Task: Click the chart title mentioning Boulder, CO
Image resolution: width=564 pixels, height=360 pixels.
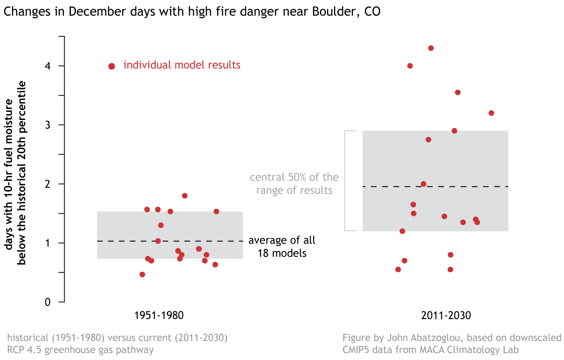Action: (x=192, y=12)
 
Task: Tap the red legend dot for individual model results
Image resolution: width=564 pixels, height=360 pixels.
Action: (x=111, y=66)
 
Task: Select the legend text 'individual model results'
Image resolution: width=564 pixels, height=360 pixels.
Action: (x=182, y=65)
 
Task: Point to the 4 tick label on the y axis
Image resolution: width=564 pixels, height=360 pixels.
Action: (x=48, y=66)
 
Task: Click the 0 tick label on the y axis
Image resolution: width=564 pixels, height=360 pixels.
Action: (x=48, y=302)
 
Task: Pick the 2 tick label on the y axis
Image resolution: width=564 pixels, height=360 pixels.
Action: (x=48, y=184)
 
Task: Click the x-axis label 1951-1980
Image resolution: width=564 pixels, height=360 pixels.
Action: (x=159, y=315)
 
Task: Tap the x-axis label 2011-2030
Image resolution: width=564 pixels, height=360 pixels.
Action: (x=445, y=315)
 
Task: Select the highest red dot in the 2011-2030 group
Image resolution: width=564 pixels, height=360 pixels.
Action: (x=431, y=48)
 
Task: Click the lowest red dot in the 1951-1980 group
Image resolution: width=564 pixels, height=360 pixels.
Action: (x=142, y=275)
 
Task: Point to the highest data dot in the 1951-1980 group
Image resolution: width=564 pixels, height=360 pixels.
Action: (x=185, y=195)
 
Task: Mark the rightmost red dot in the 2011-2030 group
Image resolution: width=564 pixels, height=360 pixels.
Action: (x=491, y=113)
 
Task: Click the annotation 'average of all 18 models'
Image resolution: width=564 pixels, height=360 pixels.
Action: (x=282, y=247)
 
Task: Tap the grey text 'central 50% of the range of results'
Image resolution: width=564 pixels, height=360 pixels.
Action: (x=294, y=184)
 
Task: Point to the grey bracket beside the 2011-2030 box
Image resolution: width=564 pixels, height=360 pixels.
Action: (x=345, y=181)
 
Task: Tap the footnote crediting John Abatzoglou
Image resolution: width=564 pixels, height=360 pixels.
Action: (x=452, y=344)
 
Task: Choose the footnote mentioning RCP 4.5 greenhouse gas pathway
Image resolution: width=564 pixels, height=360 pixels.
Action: (x=117, y=344)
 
